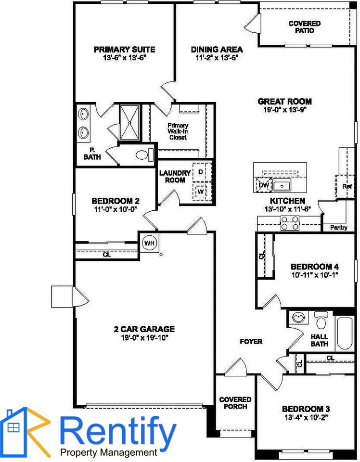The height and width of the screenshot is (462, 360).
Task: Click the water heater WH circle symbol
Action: (150, 243)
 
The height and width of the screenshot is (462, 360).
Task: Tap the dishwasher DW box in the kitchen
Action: (263, 185)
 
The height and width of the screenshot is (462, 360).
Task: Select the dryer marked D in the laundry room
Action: (201, 172)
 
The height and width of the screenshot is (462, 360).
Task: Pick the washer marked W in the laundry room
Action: (201, 191)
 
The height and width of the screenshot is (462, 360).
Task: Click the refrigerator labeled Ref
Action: (346, 186)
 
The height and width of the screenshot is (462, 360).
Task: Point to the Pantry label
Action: (338, 228)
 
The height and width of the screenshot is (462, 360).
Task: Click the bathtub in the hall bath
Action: (345, 333)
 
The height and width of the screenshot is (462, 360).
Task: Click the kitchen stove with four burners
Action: (290, 223)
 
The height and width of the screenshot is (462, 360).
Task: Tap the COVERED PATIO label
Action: (305, 27)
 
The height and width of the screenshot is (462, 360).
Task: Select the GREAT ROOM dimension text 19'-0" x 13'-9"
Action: (284, 109)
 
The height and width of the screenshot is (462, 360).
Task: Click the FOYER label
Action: (251, 342)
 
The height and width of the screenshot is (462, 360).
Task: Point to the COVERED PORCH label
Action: (235, 403)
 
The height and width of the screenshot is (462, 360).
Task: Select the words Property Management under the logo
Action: (109, 452)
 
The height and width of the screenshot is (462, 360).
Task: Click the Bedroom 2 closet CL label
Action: (106, 254)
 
